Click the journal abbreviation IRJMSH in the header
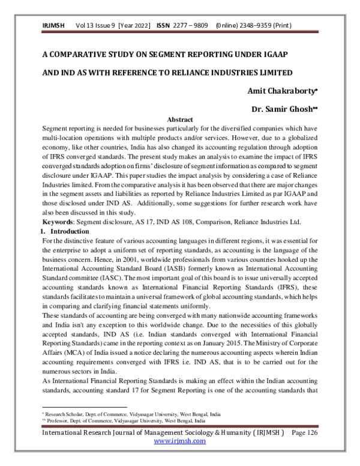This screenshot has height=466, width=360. (53, 26)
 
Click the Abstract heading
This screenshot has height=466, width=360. (180, 120)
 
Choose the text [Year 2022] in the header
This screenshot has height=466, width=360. (136, 26)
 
